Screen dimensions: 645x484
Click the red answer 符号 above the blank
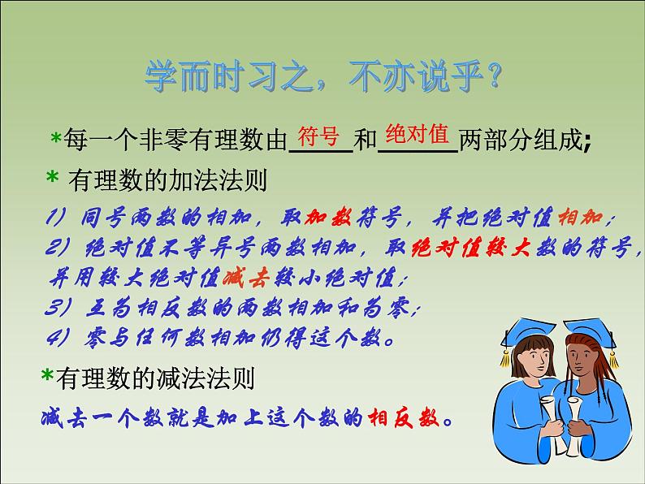tap(318, 136)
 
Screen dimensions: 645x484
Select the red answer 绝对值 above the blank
tap(417, 134)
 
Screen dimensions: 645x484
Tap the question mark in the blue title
tap(492, 76)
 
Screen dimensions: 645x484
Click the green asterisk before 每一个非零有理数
tap(56, 138)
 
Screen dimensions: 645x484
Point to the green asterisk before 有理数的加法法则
tap(52, 177)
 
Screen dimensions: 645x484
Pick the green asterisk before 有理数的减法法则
tap(47, 375)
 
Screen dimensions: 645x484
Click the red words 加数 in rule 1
tap(328, 217)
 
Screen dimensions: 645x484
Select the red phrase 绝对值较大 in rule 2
tap(470, 248)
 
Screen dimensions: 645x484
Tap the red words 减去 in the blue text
tap(246, 278)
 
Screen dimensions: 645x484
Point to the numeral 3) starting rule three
tap(58, 308)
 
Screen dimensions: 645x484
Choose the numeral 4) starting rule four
tap(58, 338)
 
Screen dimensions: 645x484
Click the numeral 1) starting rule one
tap(55, 217)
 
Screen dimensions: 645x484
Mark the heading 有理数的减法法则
tap(155, 378)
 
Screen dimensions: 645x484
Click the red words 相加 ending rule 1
tap(581, 217)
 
